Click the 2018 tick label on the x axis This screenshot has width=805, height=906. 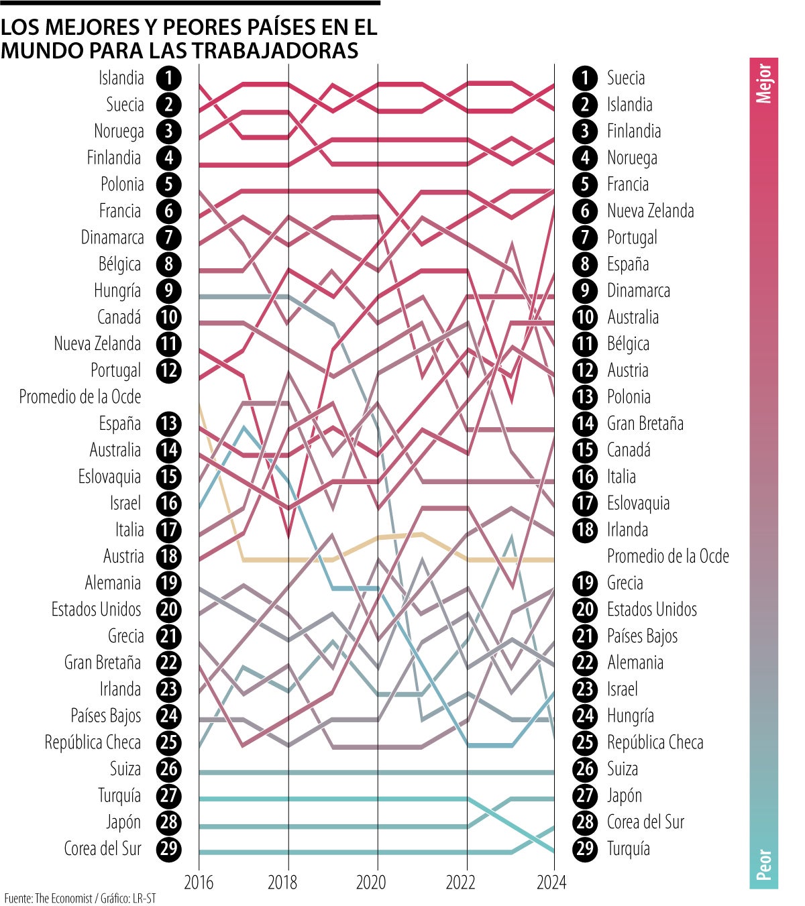pyautogui.click(x=287, y=882)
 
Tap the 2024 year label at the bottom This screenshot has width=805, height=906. pyautogui.click(x=551, y=882)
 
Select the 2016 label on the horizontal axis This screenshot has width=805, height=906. pyautogui.click(x=199, y=882)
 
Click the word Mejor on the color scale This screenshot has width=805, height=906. pyautogui.click(x=763, y=83)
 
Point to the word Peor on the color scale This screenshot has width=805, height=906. pyautogui.click(x=763, y=864)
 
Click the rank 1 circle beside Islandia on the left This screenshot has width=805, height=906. pyautogui.click(x=168, y=78)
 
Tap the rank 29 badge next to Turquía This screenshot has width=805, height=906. pyautogui.click(x=585, y=848)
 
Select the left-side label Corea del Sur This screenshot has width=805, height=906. pyautogui.click(x=103, y=848)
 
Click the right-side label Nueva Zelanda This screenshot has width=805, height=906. pyautogui.click(x=650, y=211)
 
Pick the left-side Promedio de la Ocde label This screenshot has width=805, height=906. pyautogui.click(x=80, y=396)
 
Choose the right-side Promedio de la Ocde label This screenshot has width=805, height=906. pyautogui.click(x=667, y=556)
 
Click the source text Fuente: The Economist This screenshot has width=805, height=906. pyautogui.click(x=48, y=898)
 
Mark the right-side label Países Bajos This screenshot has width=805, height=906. pyautogui.click(x=642, y=636)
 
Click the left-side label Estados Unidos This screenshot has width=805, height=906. pyautogui.click(x=97, y=609)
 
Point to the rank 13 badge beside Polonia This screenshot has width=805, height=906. pyautogui.click(x=585, y=396)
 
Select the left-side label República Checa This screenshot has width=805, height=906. pyautogui.click(x=93, y=742)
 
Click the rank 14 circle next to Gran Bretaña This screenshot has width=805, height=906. pyautogui.click(x=585, y=423)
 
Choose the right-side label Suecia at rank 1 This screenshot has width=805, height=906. pyautogui.click(x=625, y=78)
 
